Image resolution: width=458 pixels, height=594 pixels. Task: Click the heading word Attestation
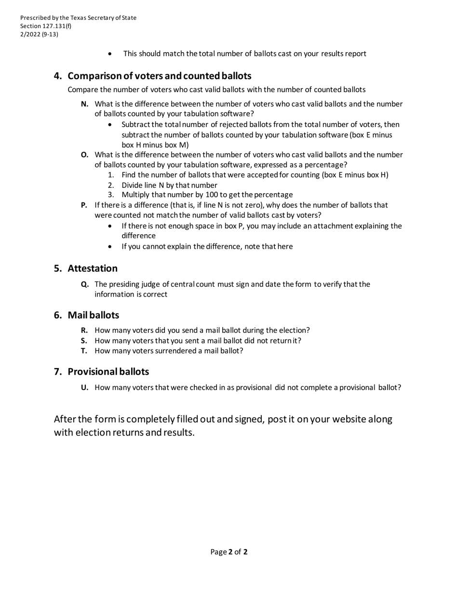point(93,269)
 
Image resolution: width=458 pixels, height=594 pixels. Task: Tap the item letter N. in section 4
point(85,104)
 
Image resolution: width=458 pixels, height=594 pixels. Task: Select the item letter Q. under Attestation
point(85,284)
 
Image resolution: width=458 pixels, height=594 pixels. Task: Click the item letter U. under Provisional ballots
point(85,387)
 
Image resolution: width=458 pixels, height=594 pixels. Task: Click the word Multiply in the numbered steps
point(136,195)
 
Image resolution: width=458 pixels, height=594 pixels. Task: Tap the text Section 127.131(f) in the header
point(46,26)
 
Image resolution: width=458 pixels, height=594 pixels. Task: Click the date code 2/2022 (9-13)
point(39,34)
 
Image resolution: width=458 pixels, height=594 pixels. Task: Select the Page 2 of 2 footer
point(229,552)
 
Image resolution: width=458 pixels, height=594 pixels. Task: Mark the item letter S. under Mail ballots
point(84,340)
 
